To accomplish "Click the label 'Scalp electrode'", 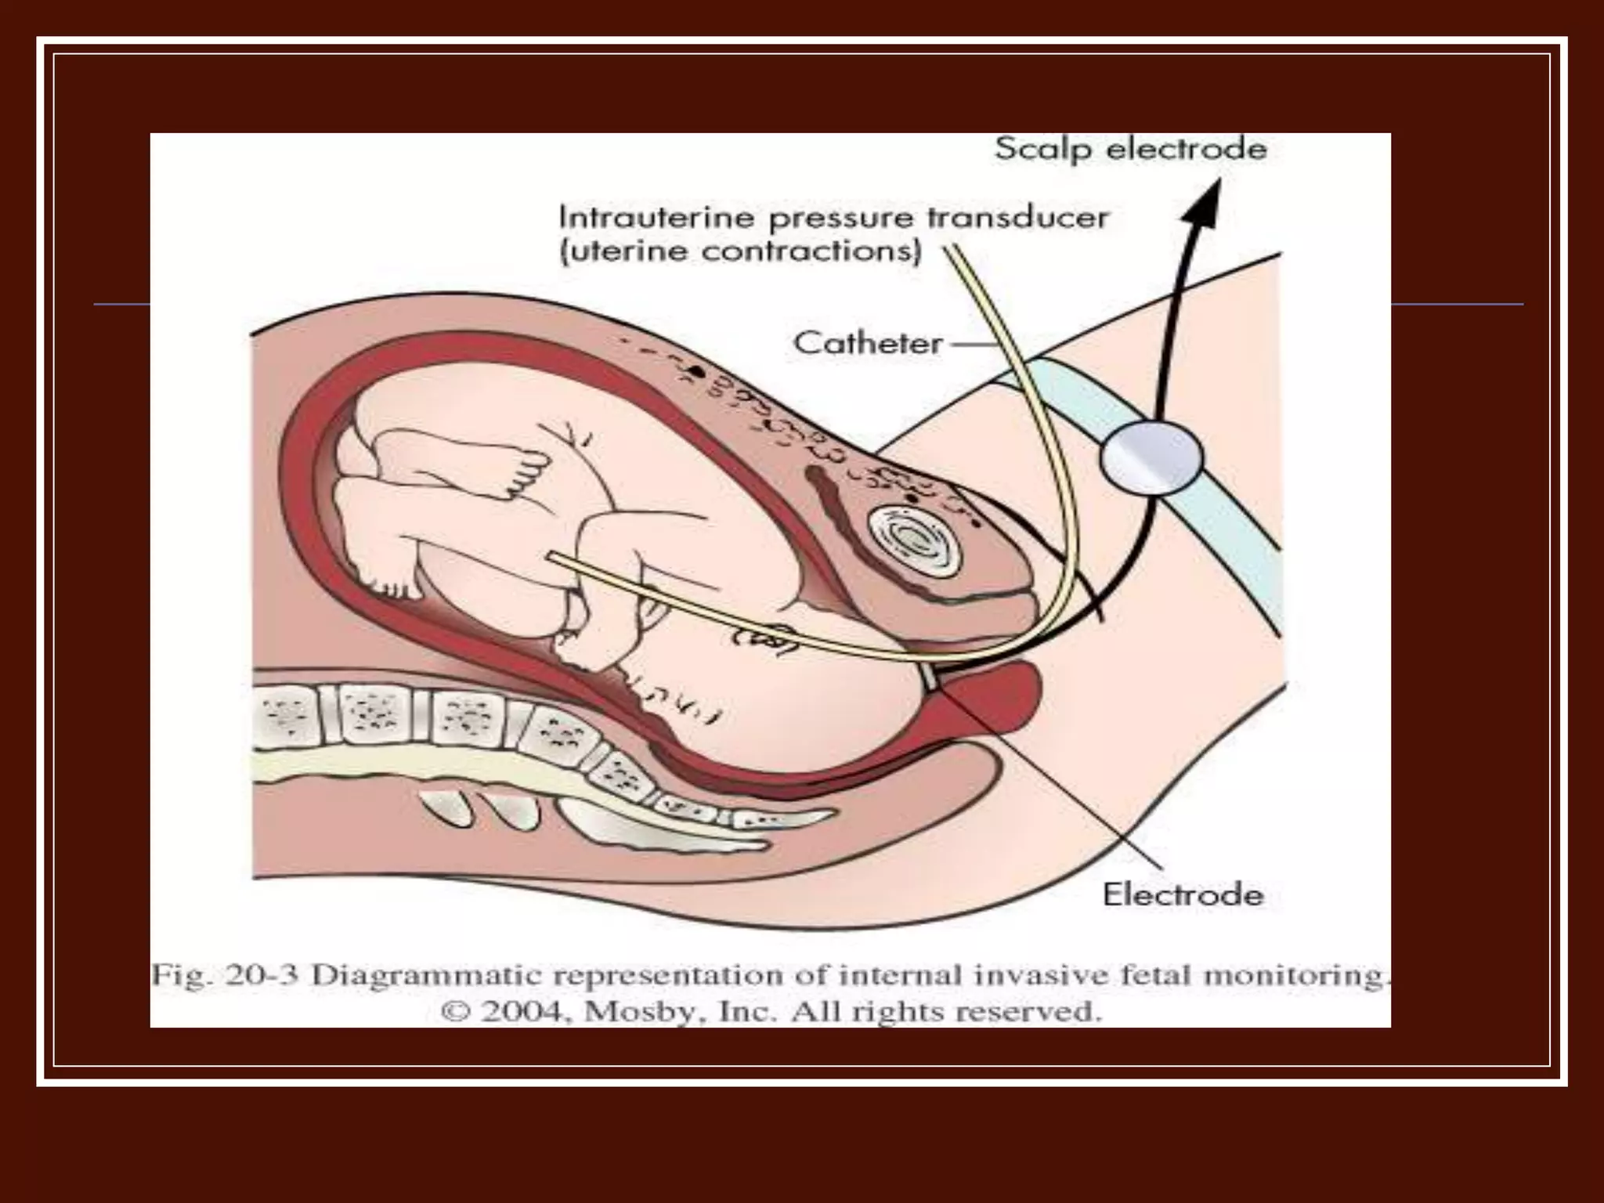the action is [x=1130, y=149].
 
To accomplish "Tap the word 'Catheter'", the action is [x=868, y=343].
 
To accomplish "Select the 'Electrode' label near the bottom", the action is [x=1183, y=894].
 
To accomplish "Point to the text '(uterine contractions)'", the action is [x=740, y=252].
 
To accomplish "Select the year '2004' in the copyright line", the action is [x=520, y=1011].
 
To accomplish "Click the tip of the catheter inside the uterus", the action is [x=552, y=558].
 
